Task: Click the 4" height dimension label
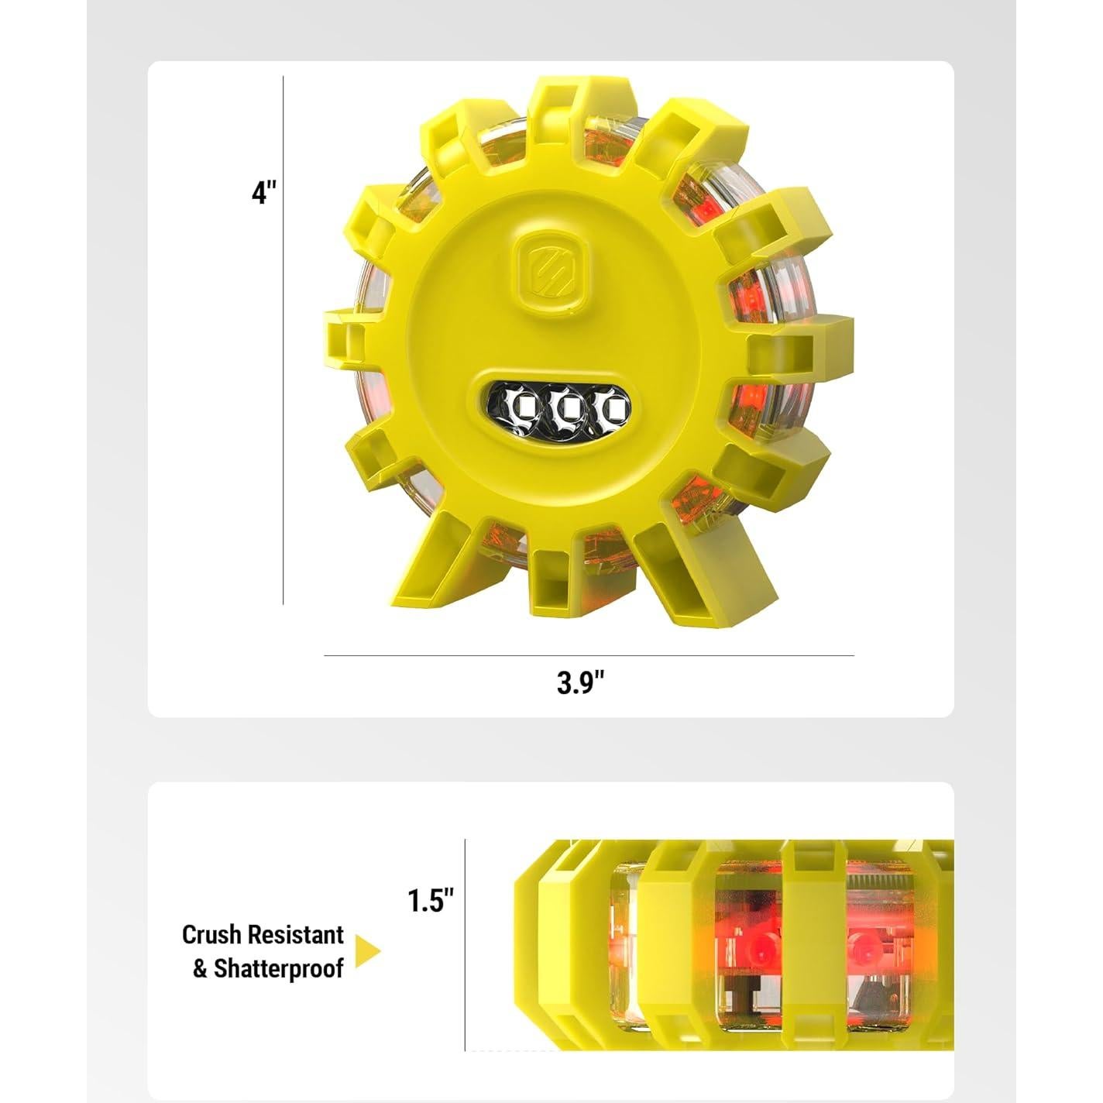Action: [263, 192]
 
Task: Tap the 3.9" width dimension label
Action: [580, 682]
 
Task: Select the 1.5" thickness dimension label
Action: [431, 901]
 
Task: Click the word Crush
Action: [211, 935]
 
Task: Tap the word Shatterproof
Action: [278, 969]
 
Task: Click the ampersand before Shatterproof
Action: [200, 969]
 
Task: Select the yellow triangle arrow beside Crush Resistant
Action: [367, 951]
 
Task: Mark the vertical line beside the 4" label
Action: [283, 341]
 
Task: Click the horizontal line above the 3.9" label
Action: [589, 655]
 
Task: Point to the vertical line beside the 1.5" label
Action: [466, 945]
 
